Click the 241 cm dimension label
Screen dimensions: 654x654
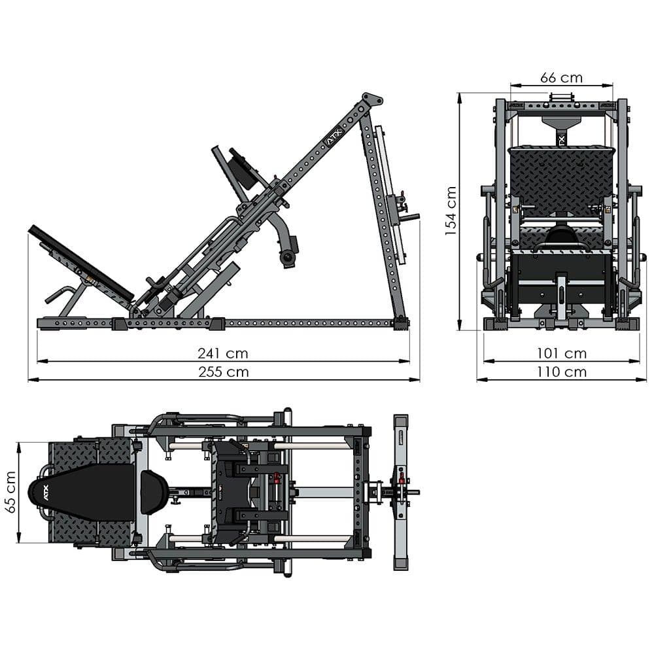coord(223,354)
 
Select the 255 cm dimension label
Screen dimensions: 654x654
coord(223,372)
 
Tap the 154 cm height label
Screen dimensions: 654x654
coord(451,211)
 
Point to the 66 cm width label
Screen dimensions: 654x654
coord(561,77)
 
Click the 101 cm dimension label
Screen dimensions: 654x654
coord(561,354)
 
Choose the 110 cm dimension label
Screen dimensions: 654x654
coord(561,372)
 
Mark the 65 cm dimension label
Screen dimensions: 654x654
coord(9,492)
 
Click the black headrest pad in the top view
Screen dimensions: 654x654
coord(154,492)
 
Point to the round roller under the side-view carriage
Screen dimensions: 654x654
coord(287,258)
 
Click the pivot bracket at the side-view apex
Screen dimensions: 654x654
coord(371,102)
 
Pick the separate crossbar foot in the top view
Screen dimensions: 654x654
coord(400,492)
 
